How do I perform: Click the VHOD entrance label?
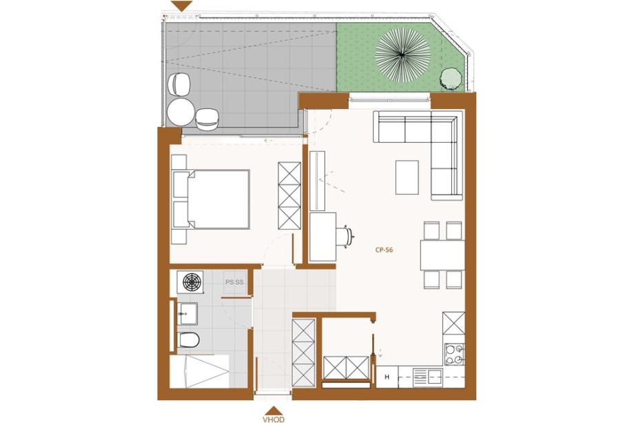click(x=274, y=420)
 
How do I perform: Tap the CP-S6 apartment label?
click(x=384, y=250)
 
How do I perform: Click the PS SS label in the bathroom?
click(x=234, y=282)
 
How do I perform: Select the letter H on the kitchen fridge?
click(x=387, y=377)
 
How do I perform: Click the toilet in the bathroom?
click(x=188, y=340)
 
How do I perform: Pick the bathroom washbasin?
click(x=187, y=314)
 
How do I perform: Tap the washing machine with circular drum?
click(x=190, y=282)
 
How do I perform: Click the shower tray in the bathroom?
click(x=199, y=372)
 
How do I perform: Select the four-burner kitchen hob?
click(x=454, y=354)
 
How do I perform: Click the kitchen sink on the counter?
click(x=427, y=377)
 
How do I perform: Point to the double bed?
click(x=211, y=199)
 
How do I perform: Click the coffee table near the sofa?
click(x=407, y=177)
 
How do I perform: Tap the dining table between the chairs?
click(x=442, y=255)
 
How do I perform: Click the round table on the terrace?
click(x=181, y=112)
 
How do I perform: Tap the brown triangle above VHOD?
click(x=274, y=411)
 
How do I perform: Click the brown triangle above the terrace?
click(x=181, y=6)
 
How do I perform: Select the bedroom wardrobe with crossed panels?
click(x=289, y=197)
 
